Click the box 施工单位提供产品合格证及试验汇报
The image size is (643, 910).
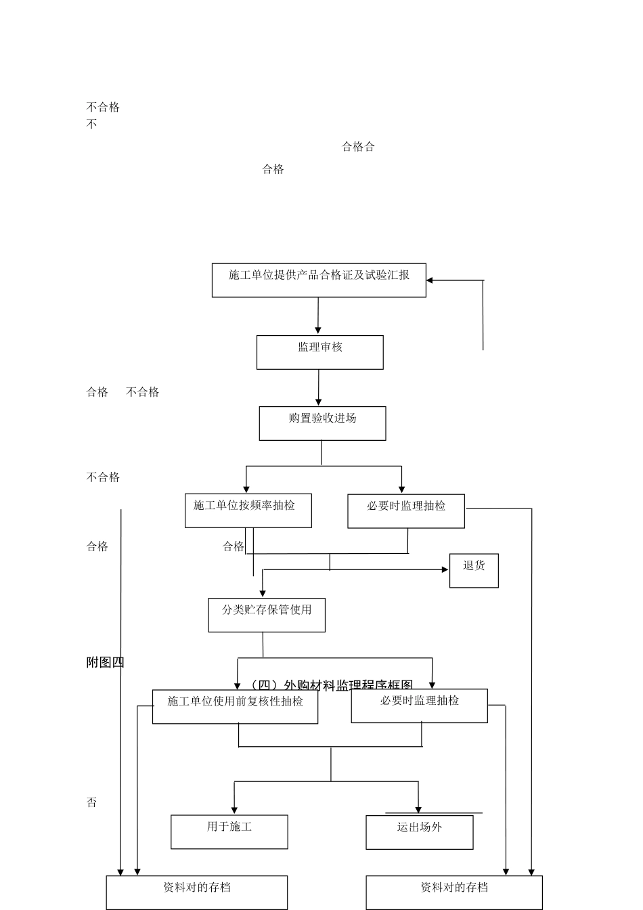coord(319,280)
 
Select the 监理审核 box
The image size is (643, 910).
coord(319,352)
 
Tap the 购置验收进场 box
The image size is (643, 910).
coord(322,423)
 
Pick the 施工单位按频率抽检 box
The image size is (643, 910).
coord(248,511)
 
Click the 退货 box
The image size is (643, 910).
coord(474,570)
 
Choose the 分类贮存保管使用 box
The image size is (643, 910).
coord(267,615)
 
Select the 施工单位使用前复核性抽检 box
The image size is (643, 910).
coord(235,706)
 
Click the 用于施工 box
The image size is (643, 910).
coord(229,831)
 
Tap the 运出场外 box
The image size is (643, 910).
coord(419,832)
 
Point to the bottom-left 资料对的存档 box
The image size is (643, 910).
coord(196,892)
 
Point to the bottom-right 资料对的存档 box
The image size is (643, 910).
coord(453,892)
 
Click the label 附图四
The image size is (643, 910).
coord(105,663)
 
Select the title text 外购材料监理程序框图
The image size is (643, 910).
coord(331,685)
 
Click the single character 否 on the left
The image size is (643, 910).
coord(91,802)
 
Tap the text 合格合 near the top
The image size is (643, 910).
coord(358,147)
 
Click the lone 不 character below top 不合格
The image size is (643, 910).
coord(91,125)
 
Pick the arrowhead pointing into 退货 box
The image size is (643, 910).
coord(445,570)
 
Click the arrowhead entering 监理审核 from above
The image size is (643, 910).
coord(318,330)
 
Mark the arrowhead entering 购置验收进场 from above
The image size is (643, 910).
coord(318,402)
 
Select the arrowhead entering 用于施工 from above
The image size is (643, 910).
coord(234,810)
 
